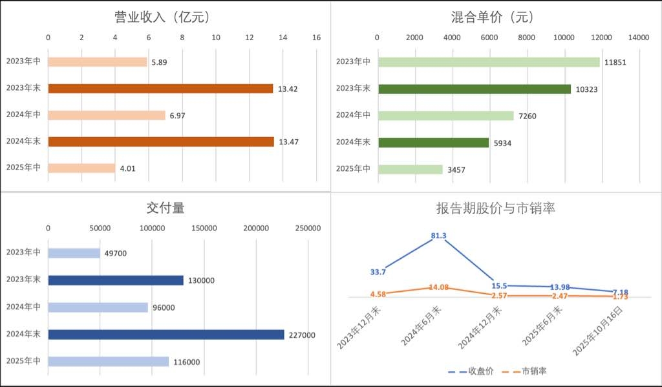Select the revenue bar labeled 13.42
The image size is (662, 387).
point(160,89)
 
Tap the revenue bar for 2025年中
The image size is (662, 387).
point(81,168)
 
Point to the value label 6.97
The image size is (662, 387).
point(178,115)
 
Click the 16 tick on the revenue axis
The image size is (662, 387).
point(316,38)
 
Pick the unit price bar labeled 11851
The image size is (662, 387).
point(489,62)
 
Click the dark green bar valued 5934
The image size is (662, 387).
point(433,142)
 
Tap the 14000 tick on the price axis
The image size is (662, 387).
point(639,38)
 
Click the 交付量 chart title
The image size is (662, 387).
point(165,208)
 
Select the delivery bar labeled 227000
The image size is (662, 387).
point(166,335)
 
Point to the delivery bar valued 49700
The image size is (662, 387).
point(74,253)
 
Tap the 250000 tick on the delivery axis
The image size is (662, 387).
point(308,228)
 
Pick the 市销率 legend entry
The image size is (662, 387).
point(527,371)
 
